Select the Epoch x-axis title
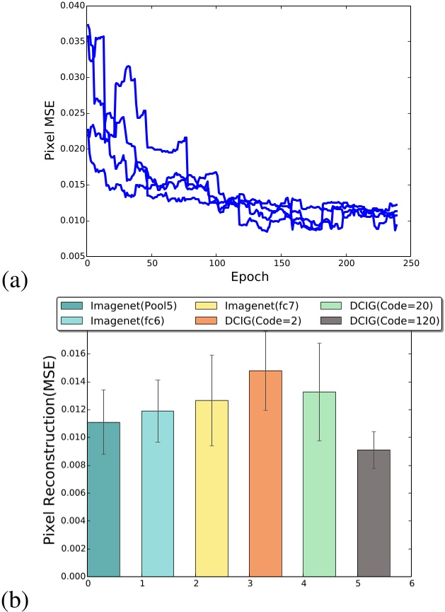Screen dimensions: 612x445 (x=248, y=277)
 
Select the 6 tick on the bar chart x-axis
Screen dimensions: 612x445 (x=411, y=584)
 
